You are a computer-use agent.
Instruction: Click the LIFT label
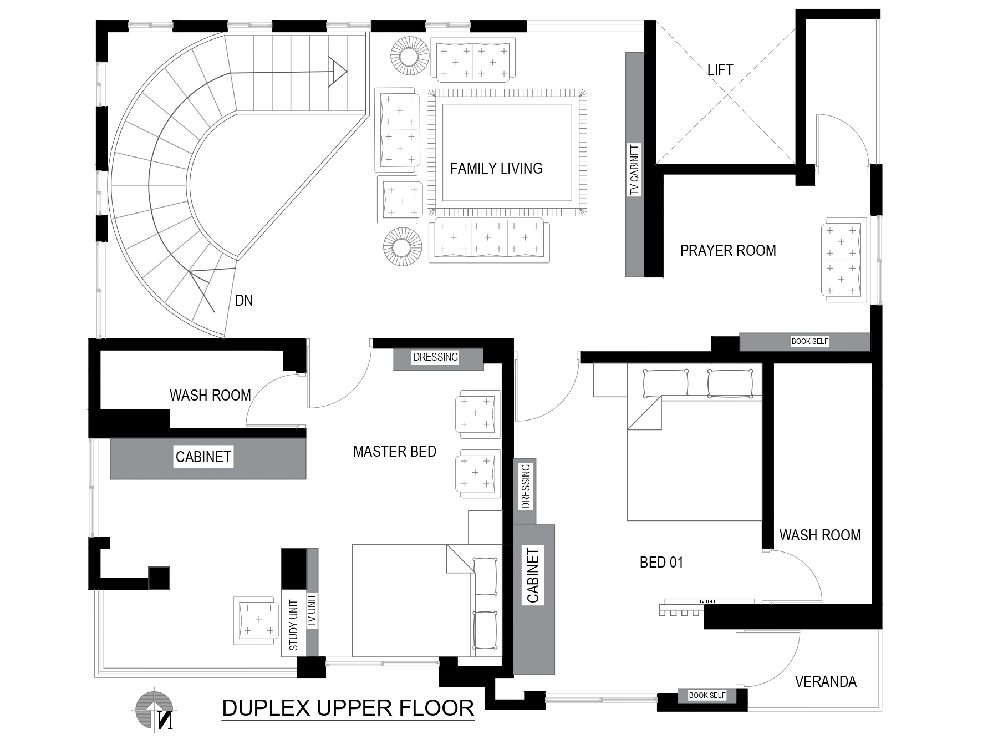pos(720,70)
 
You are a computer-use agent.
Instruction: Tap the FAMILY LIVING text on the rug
pos(496,169)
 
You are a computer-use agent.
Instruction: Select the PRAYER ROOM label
pos(728,251)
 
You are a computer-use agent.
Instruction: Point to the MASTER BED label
pos(395,452)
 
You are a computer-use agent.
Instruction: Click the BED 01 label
pos(661,563)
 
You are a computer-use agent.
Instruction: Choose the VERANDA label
pos(826,682)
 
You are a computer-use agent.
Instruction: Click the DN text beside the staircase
pos(244,301)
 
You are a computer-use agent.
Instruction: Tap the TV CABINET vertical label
pos(635,170)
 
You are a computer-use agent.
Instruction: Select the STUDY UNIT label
pos(294,625)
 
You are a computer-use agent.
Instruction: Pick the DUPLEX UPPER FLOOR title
pos(348,708)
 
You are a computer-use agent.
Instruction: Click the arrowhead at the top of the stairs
pos(337,72)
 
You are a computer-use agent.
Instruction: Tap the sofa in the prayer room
pos(843,260)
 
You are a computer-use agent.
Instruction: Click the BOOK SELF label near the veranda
pos(707,695)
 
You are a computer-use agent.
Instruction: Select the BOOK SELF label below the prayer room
pos(809,341)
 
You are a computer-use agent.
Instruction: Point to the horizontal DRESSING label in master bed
pos(436,357)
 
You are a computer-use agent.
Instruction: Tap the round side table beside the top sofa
pos(410,55)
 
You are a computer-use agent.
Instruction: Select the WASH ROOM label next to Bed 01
pos(820,535)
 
